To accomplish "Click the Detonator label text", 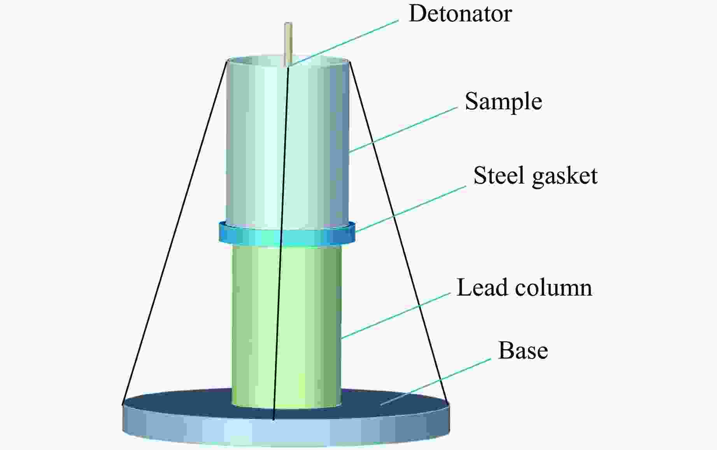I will [x=460, y=14].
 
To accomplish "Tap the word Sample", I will [x=503, y=102].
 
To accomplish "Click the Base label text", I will [x=523, y=350].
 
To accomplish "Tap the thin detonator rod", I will [x=288, y=43].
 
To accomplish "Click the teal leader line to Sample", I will [x=405, y=129].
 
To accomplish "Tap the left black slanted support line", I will [x=175, y=229].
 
